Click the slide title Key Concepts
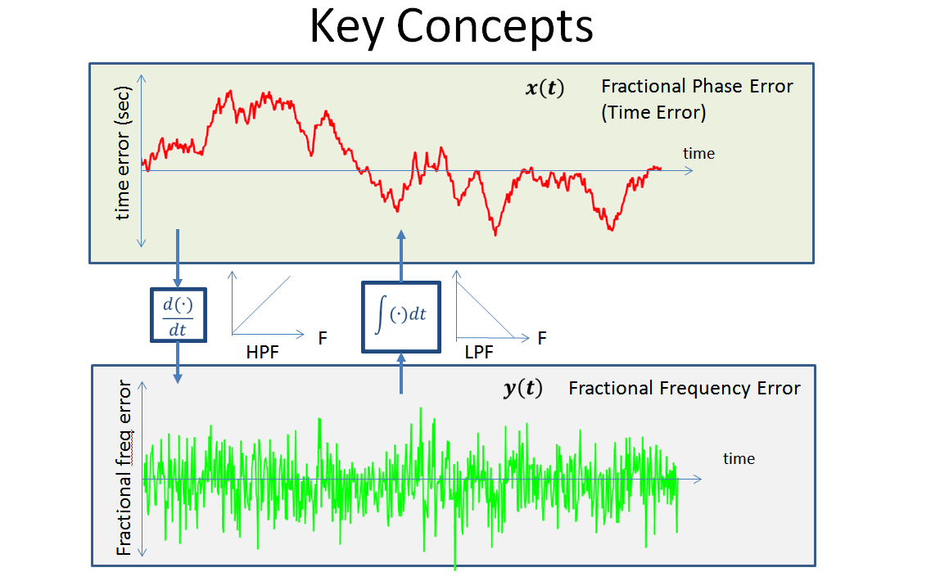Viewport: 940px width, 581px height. (451, 27)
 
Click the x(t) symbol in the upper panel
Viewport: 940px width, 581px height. (545, 88)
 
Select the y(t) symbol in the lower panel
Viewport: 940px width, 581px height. (523, 388)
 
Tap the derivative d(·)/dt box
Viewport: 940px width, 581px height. (178, 315)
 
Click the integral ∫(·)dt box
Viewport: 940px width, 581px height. (401, 317)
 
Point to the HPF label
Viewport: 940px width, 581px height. (263, 352)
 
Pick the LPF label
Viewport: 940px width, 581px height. (479, 352)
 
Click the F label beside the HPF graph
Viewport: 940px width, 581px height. (323, 339)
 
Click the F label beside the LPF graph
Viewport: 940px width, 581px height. (542, 339)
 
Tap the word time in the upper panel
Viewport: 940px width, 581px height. (699, 153)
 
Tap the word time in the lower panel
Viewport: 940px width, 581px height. (739, 459)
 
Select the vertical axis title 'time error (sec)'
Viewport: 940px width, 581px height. (122, 153)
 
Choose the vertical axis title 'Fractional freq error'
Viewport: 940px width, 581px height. (124, 468)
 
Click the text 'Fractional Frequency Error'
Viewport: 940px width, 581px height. (685, 388)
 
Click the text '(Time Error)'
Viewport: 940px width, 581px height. (653, 113)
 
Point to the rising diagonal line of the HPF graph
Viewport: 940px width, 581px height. (261, 305)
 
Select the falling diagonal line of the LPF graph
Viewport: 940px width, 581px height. (486, 309)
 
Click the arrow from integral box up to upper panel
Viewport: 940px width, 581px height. (401, 256)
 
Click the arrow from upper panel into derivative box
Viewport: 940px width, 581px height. (178, 258)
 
